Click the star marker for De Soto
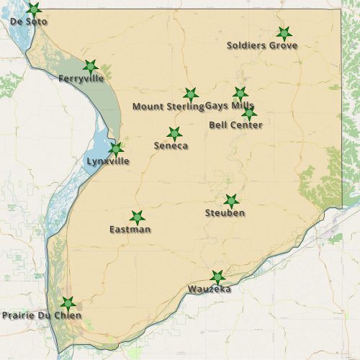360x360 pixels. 33,9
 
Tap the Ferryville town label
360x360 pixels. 81,78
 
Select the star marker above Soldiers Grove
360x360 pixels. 284,33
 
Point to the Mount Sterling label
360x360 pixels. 168,107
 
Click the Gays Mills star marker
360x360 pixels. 240,94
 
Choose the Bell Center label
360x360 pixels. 235,125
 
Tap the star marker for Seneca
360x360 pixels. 174,134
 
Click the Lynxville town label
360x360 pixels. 108,161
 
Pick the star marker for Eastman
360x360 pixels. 137,217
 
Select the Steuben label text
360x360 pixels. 225,213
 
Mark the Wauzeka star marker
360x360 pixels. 217,277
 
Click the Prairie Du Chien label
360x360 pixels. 42,315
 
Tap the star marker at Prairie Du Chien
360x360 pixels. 67,303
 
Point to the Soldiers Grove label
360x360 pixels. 262,45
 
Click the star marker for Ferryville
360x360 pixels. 90,66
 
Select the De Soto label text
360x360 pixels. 29,22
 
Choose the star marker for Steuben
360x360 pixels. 231,201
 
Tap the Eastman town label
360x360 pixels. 130,230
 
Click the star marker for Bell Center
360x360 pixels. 249,113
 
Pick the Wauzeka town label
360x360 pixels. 210,289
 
